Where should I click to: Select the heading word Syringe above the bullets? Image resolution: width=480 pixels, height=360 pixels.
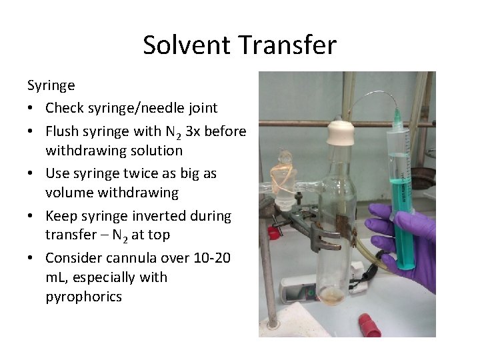point(51,85)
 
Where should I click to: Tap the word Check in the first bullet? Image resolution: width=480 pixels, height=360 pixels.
point(64,107)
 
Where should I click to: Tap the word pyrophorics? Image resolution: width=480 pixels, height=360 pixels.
point(83,297)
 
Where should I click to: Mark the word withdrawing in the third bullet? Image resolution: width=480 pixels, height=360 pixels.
point(112,193)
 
